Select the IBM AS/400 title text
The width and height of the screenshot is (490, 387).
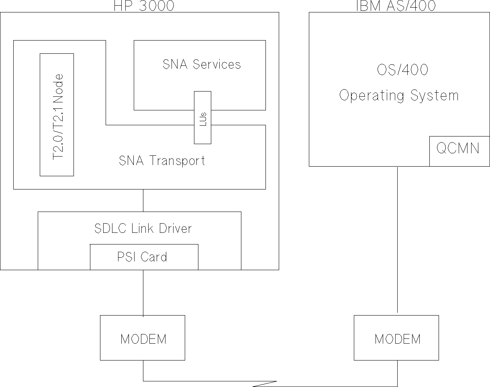click(x=396, y=6)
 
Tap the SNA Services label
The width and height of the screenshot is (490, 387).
click(x=202, y=64)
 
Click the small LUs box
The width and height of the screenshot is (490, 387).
click(x=202, y=118)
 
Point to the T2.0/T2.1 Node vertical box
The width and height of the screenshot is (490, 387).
click(x=57, y=115)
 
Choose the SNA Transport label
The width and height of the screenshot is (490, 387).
click(x=162, y=161)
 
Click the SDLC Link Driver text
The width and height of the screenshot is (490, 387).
click(x=143, y=228)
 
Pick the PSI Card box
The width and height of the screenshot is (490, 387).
click(x=144, y=257)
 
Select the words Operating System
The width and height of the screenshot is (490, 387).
click(x=399, y=96)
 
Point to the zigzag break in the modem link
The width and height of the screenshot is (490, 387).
click(x=265, y=384)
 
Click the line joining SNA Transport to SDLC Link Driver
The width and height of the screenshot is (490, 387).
click(x=143, y=200)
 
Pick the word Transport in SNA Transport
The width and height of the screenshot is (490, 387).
click(x=177, y=161)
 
